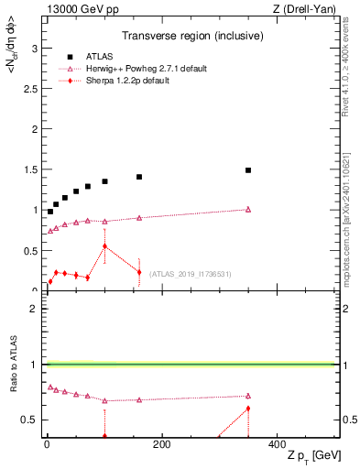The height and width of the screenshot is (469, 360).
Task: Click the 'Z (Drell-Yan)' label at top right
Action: pyautogui.click(x=309, y=9)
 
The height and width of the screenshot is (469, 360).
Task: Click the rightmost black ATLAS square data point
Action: pyautogui.click(x=248, y=170)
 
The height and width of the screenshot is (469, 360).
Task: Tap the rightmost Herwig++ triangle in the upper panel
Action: pyautogui.click(x=248, y=209)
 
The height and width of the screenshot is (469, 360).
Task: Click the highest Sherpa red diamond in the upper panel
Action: pyautogui.click(x=104, y=245)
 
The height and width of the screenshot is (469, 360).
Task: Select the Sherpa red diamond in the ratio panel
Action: pyautogui.click(x=248, y=409)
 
